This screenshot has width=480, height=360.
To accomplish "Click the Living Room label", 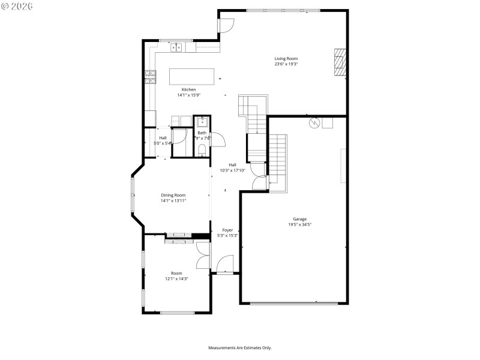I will pyautogui.click(x=286, y=59).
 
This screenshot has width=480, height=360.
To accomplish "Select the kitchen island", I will pyautogui.click(x=191, y=76).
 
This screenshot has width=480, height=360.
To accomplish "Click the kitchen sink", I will pyautogui.click(x=176, y=47).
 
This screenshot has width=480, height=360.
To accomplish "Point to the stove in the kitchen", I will pyautogui.click(x=150, y=77).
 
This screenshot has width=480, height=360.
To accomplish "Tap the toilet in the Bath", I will pyautogui.click(x=202, y=149).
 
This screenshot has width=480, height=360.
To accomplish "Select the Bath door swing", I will pyautogui.click(x=218, y=139).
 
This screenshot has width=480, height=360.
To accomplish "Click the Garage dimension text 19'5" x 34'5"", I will pyautogui.click(x=299, y=224).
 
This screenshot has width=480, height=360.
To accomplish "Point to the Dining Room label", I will pyautogui.click(x=173, y=195).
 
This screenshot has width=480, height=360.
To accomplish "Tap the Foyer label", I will pyautogui.click(x=227, y=230).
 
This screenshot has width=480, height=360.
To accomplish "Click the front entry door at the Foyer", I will pyautogui.click(x=225, y=265).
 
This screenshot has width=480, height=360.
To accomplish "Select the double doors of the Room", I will pyautogui.click(x=203, y=256).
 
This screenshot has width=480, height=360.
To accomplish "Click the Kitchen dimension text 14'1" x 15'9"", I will pyautogui.click(x=189, y=95).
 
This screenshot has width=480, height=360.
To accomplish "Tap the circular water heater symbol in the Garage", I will pyautogui.click(x=313, y=122).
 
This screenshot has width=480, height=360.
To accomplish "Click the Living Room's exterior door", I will pyautogui.click(x=226, y=25).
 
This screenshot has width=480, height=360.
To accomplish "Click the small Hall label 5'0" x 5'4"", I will pyautogui.click(x=163, y=143).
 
